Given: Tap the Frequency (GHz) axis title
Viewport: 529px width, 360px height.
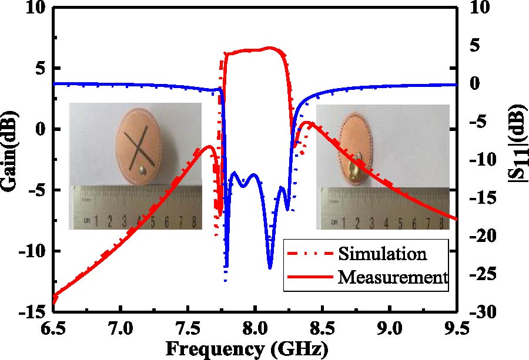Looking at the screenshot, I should (x=245, y=349).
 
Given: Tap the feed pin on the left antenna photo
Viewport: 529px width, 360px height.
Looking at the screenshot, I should (x=143, y=171).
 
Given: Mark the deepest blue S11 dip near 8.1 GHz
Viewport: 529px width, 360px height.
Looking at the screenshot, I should (x=270, y=267).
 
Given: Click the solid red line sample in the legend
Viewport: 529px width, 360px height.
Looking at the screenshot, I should (x=309, y=276).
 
